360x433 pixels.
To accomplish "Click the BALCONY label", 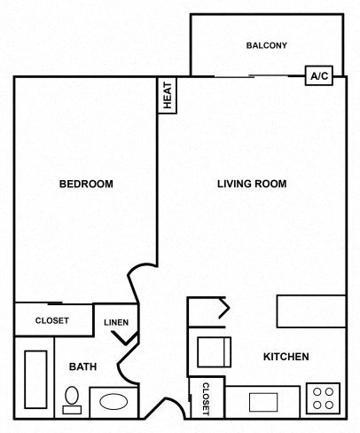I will [x=267, y=45].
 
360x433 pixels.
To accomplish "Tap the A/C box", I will [x=318, y=76].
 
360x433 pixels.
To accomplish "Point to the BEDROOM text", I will [x=86, y=185].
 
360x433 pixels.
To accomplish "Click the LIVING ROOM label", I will [x=253, y=185].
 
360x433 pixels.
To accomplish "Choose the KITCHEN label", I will [x=286, y=357].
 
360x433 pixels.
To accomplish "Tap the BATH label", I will [x=82, y=366].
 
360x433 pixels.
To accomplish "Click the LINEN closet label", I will [x=115, y=322].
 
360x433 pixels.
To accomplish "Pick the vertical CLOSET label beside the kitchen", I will [x=205, y=398].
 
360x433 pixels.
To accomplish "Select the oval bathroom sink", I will [x=113, y=401].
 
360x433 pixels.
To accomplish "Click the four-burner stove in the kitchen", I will [x=323, y=397].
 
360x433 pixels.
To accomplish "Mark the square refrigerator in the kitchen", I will [x=214, y=352].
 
